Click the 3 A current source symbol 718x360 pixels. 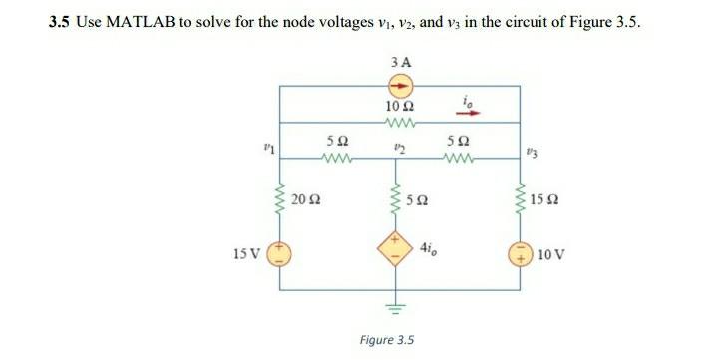click(x=401, y=86)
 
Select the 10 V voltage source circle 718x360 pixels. click(x=521, y=253)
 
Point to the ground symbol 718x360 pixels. click(x=395, y=308)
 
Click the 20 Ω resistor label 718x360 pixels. click(x=305, y=199)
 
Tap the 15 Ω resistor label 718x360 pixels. click(x=544, y=200)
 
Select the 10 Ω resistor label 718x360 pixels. click(x=400, y=107)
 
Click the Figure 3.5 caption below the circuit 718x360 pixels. click(x=387, y=340)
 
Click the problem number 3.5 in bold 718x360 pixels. click(x=60, y=22)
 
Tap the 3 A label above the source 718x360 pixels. click(x=401, y=62)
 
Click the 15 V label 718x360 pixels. click(x=247, y=253)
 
